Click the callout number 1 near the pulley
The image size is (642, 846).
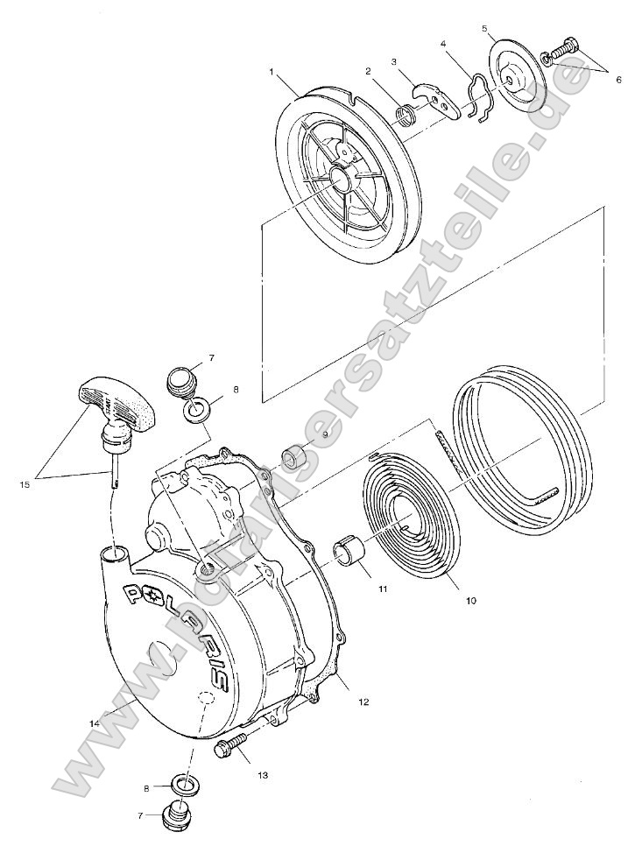coord(272,70)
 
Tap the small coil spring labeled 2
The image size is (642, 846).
coord(406,115)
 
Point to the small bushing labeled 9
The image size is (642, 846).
coord(293,457)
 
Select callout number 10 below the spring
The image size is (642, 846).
coord(470,602)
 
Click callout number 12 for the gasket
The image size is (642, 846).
coord(363,701)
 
